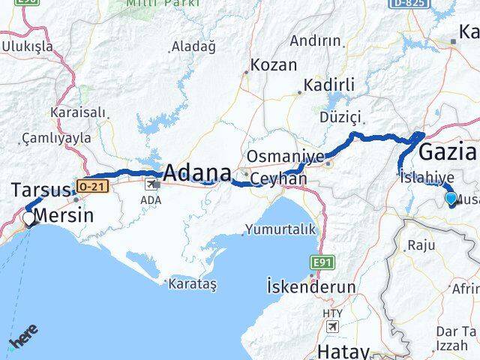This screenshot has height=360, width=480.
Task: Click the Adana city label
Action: [196, 173]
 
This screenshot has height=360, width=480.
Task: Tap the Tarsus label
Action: [40, 190]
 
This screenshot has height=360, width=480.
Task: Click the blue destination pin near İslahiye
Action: [451, 199]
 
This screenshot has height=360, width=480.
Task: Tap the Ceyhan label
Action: [279, 179]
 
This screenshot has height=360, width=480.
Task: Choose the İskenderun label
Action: [303, 286]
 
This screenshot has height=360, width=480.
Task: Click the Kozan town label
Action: [274, 65]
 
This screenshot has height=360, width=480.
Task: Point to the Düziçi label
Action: [340, 117]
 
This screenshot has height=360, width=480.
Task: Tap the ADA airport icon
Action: [153, 183]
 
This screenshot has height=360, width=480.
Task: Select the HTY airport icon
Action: [331, 327]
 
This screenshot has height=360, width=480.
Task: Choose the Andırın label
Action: [315, 40]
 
